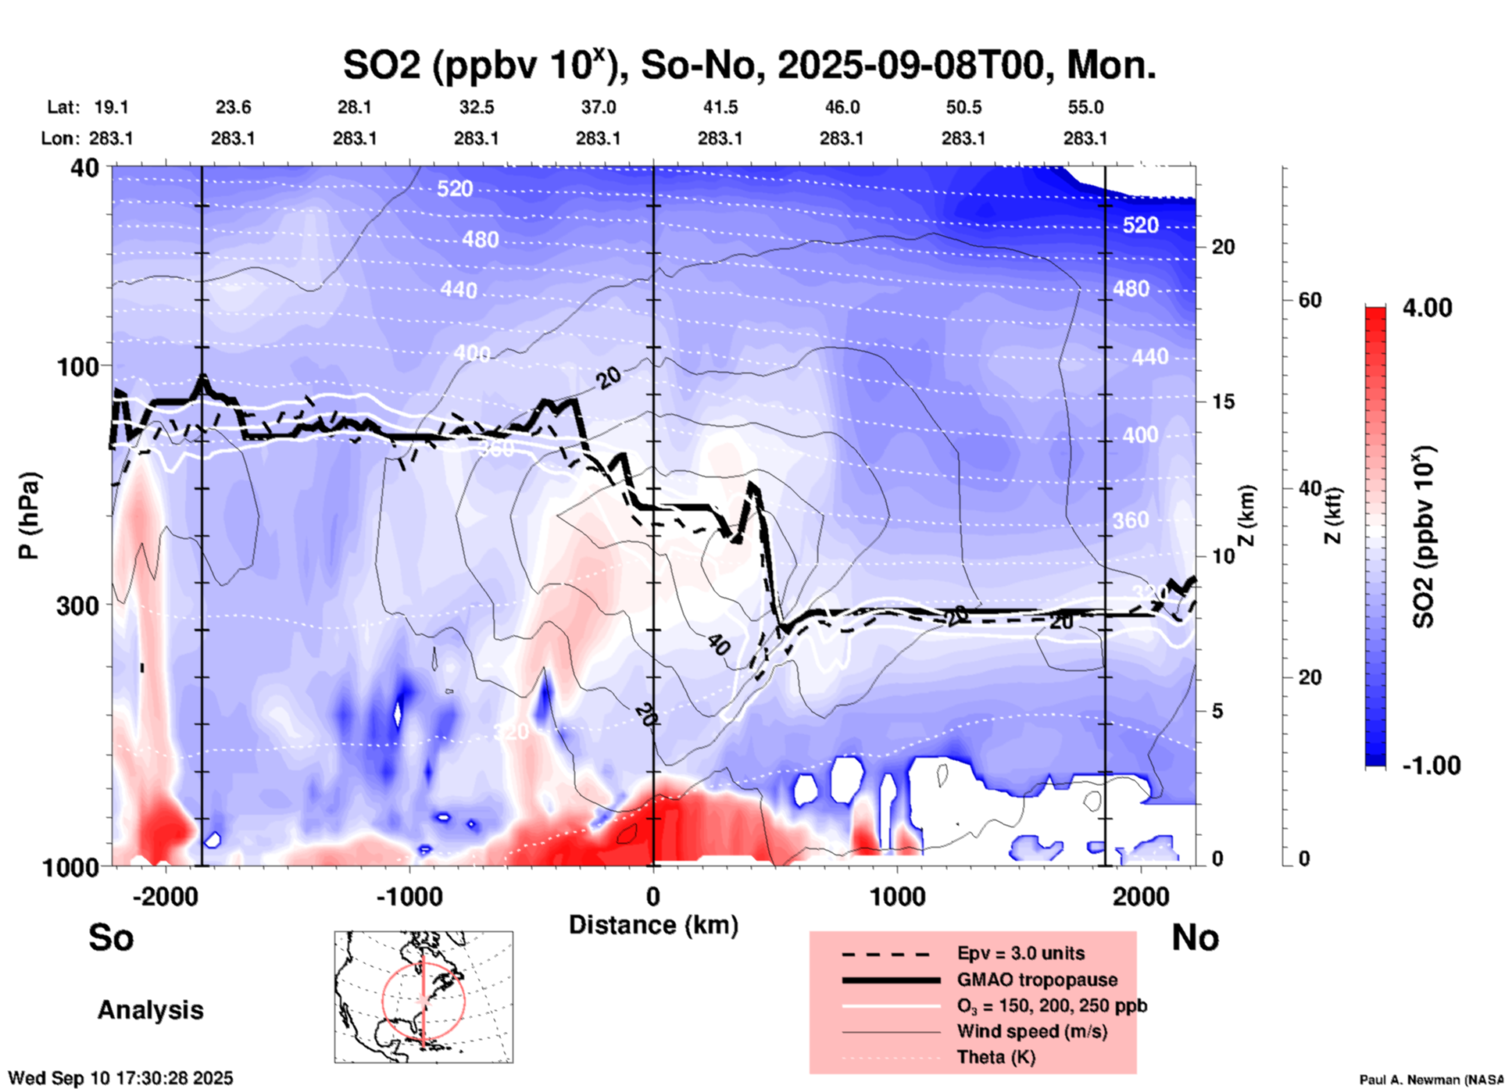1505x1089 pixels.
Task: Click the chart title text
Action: (749, 66)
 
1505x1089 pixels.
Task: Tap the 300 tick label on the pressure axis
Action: (78, 605)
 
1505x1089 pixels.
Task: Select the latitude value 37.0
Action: (598, 107)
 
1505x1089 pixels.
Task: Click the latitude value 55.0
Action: (1085, 107)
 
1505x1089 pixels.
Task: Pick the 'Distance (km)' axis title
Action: (653, 925)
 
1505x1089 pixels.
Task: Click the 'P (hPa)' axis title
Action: (29, 516)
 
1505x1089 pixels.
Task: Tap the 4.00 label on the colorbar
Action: (1427, 308)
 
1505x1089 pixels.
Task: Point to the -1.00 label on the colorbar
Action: (1431, 766)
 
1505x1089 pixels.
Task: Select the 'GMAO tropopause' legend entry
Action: (1037, 980)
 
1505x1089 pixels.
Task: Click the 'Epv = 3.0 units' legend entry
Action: (1021, 953)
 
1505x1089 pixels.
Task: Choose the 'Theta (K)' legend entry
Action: (996, 1057)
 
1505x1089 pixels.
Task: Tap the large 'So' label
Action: (111, 937)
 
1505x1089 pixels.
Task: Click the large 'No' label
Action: (1195, 937)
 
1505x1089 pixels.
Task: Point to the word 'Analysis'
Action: (150, 1010)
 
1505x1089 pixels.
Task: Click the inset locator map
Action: (424, 996)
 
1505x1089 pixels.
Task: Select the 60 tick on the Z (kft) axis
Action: (1310, 300)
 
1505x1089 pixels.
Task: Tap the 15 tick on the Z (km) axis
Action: (1223, 402)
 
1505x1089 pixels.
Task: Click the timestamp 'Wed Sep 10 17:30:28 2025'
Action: (120, 1078)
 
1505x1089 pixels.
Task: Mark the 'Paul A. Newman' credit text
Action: (1430, 1080)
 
